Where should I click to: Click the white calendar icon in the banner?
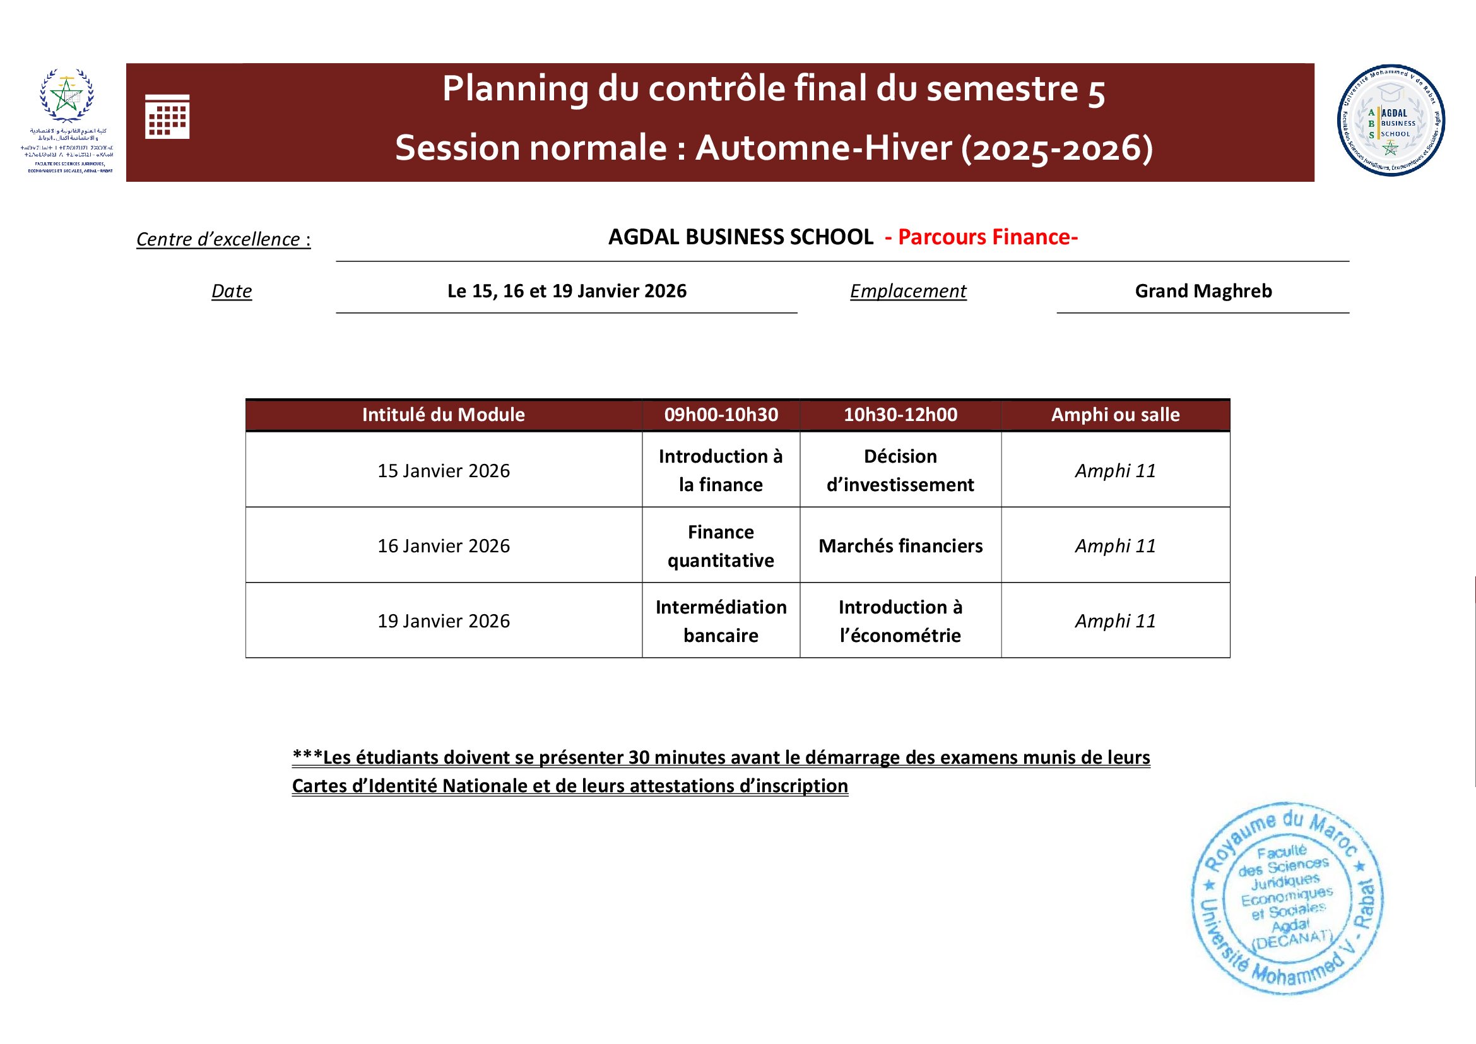point(167,116)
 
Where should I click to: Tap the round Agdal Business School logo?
point(1391,120)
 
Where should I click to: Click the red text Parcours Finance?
point(987,237)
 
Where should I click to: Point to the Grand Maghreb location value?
point(1203,291)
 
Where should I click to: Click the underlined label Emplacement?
point(907,291)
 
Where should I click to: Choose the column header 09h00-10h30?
point(721,415)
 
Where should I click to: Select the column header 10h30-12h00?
point(900,415)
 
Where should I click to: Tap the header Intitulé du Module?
point(443,415)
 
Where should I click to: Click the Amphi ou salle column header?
point(1114,415)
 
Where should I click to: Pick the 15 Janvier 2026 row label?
point(444,471)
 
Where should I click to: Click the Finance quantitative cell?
point(721,546)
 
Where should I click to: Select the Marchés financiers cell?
point(900,546)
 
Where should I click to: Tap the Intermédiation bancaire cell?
point(721,621)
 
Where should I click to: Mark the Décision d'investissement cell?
point(900,471)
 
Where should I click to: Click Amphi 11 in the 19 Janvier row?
point(1114,621)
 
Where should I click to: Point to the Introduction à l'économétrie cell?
point(900,621)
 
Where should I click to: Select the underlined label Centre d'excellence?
point(223,239)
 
